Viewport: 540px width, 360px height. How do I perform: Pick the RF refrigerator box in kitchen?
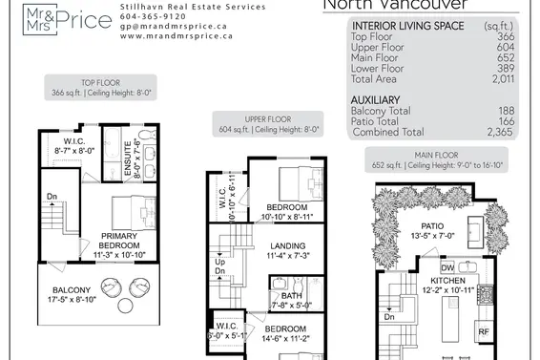485,332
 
